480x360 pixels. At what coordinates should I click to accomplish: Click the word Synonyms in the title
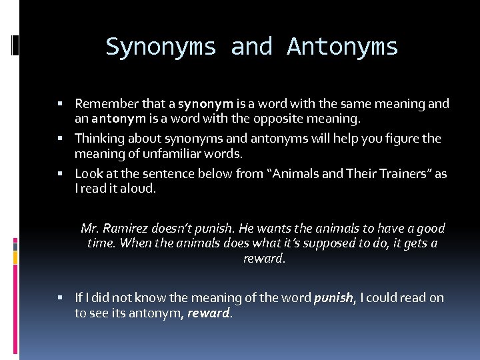click(x=161, y=47)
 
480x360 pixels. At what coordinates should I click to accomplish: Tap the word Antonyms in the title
click(x=342, y=47)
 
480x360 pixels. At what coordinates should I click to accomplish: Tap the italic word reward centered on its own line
click(x=264, y=258)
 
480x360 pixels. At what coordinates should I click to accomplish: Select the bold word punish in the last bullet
click(x=333, y=298)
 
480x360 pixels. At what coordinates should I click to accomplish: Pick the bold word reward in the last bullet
click(x=208, y=313)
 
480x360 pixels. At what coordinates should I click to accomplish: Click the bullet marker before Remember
click(x=61, y=104)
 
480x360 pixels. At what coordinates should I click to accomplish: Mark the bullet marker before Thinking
click(x=61, y=139)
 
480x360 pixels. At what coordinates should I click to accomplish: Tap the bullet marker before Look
click(x=61, y=174)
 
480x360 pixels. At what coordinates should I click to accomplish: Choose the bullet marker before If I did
click(x=61, y=298)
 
